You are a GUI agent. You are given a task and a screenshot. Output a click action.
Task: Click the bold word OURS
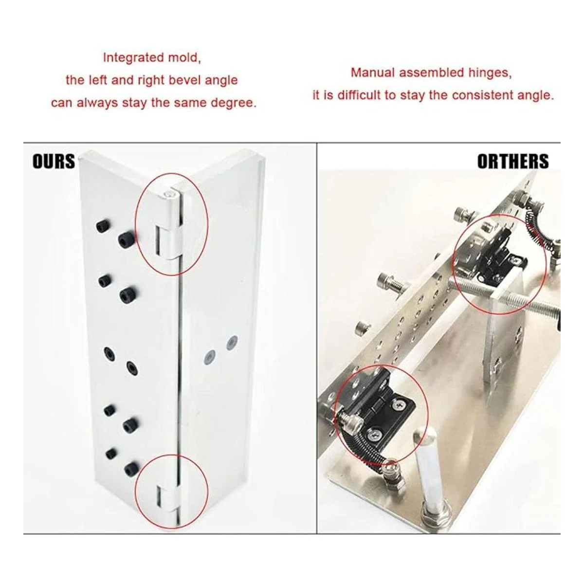[x=54, y=161]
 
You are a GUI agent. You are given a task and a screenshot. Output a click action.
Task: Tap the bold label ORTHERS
[x=513, y=161]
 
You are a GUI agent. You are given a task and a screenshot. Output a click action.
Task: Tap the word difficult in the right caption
[x=360, y=95]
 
